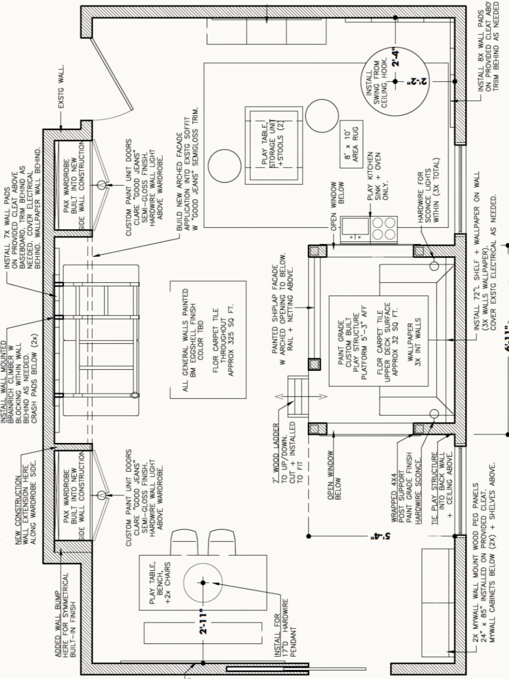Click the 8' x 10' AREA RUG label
click(351, 144)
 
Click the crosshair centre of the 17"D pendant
click(203, 583)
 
